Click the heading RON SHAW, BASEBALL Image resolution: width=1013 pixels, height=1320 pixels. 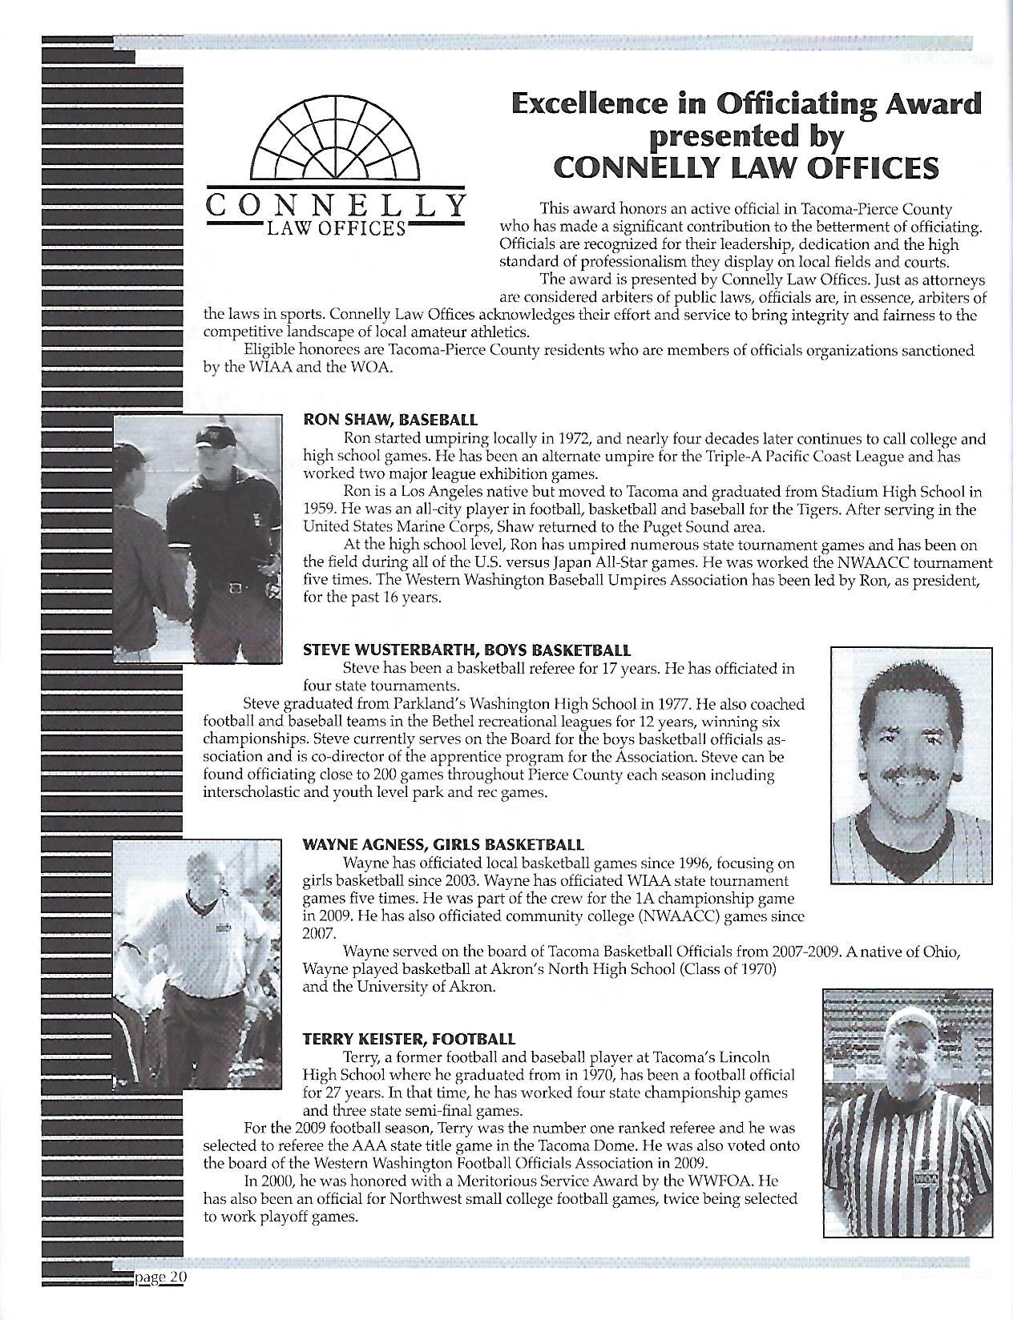pos(389,419)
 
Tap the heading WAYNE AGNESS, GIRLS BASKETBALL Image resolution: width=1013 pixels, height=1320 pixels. pos(442,844)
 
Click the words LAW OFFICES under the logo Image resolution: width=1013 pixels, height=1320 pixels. pos(335,228)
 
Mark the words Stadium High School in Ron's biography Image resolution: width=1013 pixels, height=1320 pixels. pos(829,491)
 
